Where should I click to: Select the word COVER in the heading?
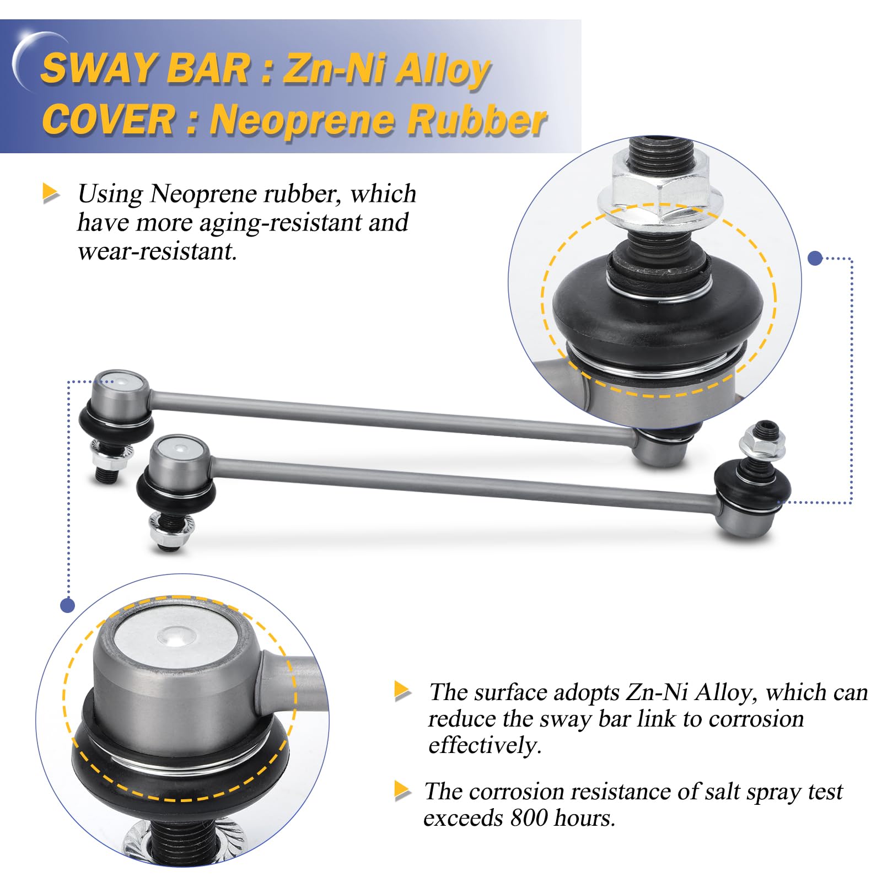(108, 120)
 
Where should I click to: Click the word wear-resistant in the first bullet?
(157, 251)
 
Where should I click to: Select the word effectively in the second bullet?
(485, 745)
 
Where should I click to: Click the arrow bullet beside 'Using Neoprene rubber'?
(51, 193)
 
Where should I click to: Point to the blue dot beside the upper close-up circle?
(815, 258)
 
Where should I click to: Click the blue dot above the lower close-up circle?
(67, 605)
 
